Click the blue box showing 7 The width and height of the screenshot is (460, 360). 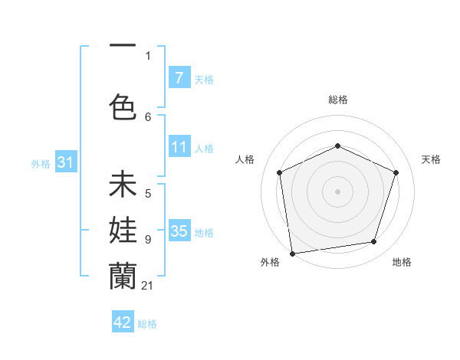coord(179,78)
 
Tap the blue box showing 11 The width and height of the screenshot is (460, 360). coord(179,148)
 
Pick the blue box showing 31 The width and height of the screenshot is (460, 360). coord(65,162)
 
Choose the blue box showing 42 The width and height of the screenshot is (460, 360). coord(123,322)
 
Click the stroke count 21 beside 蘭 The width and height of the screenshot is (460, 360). coord(148,286)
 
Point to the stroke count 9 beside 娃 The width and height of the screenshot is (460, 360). coord(148,240)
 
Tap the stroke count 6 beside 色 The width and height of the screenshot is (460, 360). coord(148,116)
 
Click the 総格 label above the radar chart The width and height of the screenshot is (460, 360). coord(337,100)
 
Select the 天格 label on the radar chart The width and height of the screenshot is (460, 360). coord(431,159)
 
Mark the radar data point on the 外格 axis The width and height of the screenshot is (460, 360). coord(292,252)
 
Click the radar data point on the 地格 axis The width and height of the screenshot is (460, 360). coord(374,242)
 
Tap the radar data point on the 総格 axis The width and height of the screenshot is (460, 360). coord(337,146)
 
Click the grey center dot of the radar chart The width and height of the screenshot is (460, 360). coord(337,191)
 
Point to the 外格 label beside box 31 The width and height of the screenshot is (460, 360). coord(40,163)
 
